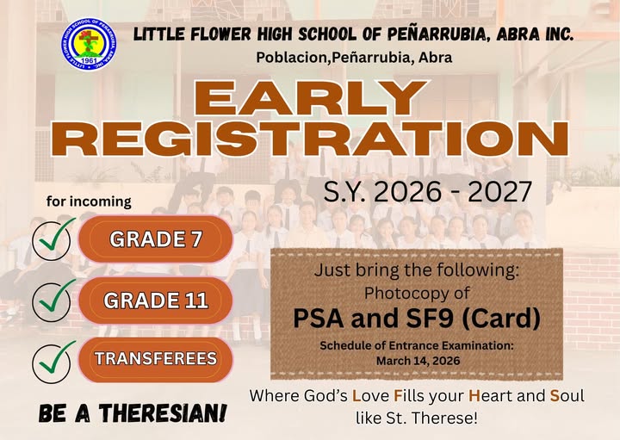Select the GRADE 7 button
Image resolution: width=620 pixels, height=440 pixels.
click(x=156, y=240)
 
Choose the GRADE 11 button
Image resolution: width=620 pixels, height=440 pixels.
click(x=156, y=301)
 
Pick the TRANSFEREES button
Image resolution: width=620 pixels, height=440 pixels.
click(x=156, y=359)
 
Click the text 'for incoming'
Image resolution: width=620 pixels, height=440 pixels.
click(x=89, y=202)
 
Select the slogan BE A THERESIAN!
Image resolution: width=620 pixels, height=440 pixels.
click(x=133, y=414)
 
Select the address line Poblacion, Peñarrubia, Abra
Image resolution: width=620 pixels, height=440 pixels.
click(x=354, y=58)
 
